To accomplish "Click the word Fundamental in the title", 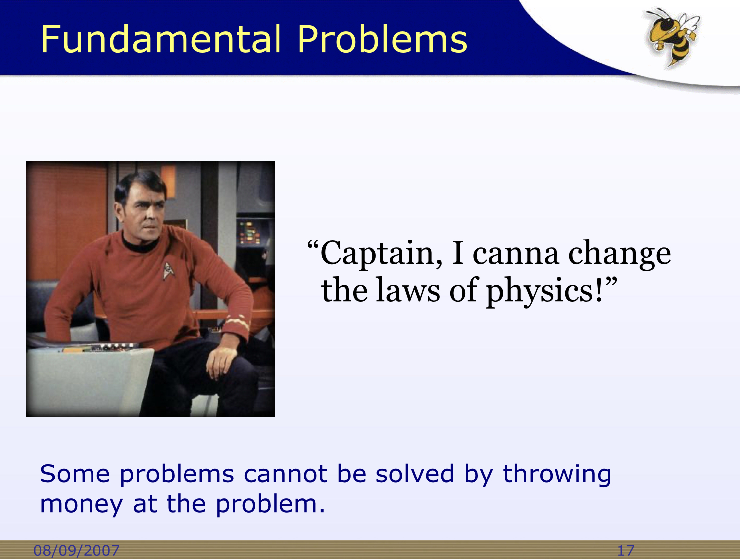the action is tap(161, 39).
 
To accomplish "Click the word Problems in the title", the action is tap(382, 39).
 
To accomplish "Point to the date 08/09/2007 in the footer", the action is tap(77, 550).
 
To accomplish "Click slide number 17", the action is tap(626, 551).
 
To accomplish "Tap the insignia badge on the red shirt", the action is tap(168, 270).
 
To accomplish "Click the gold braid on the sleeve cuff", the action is tap(237, 321).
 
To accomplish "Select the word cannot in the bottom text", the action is tap(285, 474).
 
